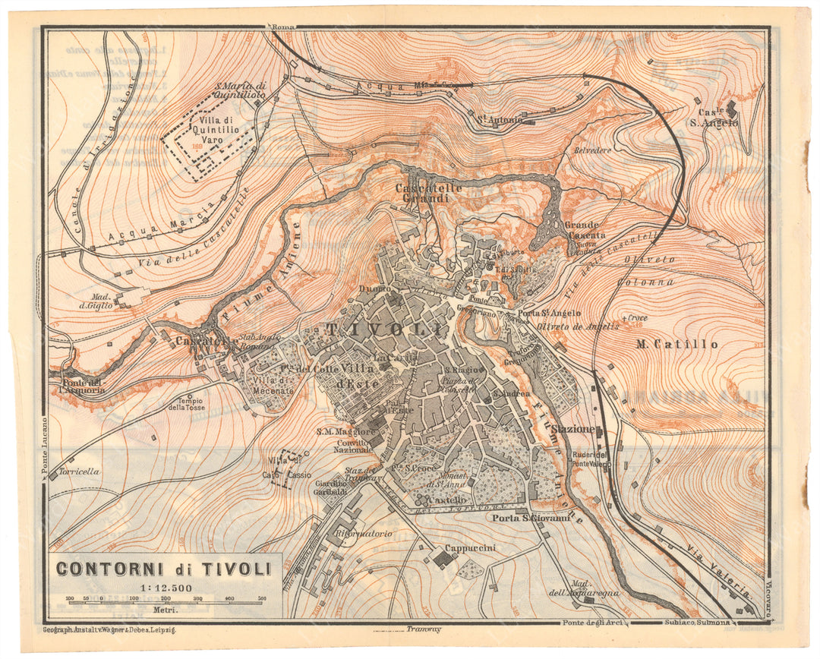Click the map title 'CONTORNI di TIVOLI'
coord(163,569)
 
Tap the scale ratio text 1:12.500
coord(163,587)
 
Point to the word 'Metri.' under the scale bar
coord(165,610)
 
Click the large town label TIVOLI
coord(385,329)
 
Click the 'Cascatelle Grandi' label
coord(421,193)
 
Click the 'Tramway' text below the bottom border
coord(424,629)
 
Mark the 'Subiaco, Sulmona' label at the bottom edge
coord(708,624)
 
